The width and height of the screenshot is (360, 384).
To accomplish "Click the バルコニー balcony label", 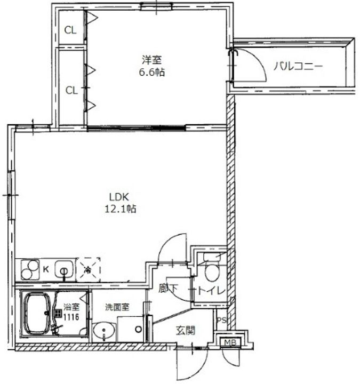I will [298, 67].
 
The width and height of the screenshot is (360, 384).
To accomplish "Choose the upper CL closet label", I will [71, 30].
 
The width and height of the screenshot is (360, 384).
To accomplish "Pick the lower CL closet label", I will [71, 90].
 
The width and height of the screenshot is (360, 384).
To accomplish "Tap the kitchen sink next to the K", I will [65, 269].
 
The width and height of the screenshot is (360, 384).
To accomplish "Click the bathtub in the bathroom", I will [37, 315].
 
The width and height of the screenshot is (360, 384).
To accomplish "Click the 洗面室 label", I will [116, 308].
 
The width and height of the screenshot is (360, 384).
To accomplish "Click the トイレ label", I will [212, 291].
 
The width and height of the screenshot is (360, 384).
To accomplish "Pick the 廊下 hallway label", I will [169, 290].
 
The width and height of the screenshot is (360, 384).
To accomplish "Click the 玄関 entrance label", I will [185, 331].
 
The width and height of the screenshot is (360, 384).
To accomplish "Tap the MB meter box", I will [230, 342].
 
